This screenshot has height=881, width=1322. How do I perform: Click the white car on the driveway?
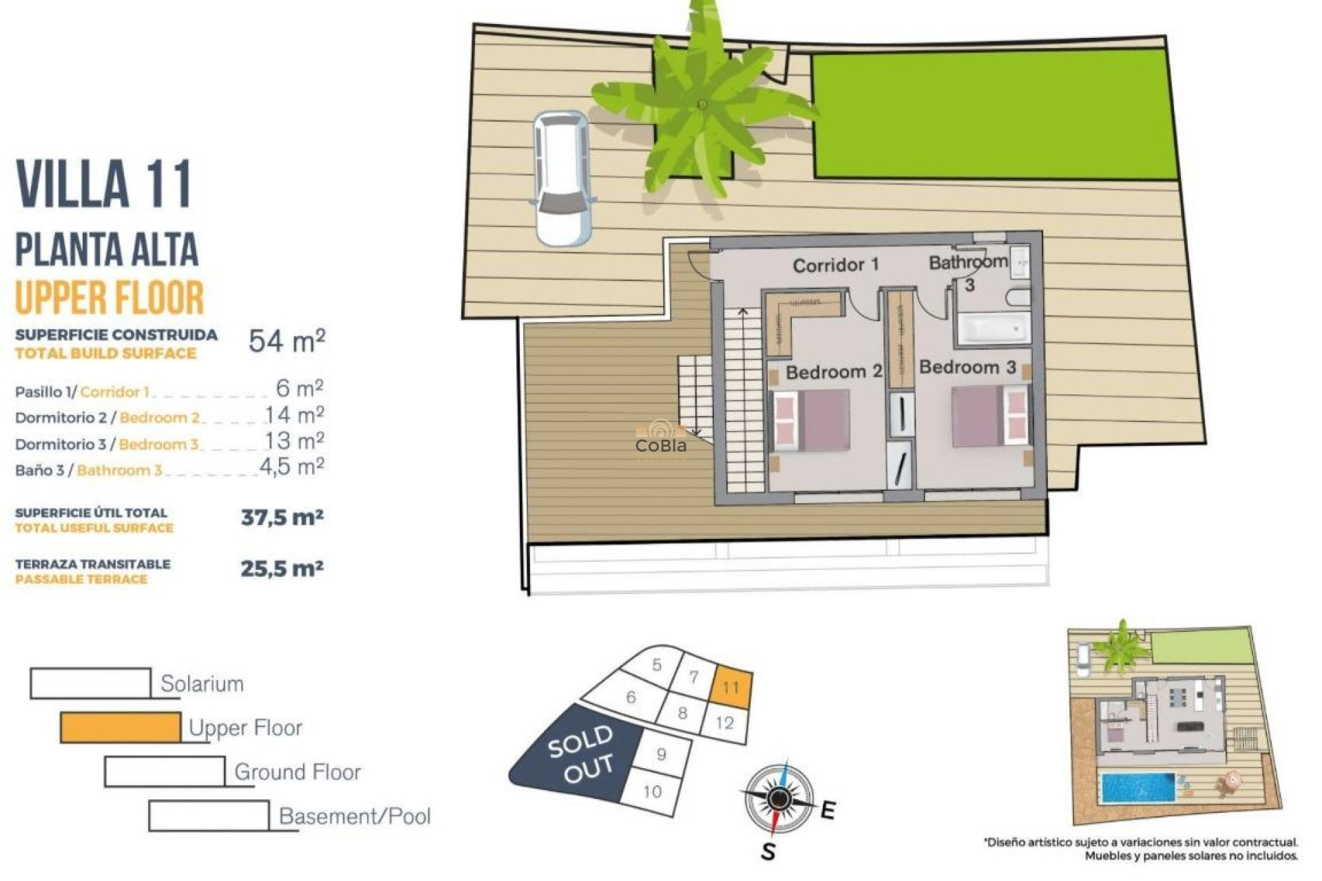coord(563,179)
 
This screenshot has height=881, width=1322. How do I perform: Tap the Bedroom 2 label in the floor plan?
coord(833,372)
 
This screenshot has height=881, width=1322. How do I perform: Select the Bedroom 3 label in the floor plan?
coord(967,368)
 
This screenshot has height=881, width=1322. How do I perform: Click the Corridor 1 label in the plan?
coord(835,265)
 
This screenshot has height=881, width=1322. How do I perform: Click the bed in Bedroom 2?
coord(810,420)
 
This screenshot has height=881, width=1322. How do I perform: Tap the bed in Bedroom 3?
coord(990,415)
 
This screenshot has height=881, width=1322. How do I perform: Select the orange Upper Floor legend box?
coord(120,728)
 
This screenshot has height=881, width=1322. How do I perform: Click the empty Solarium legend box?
coord(90,683)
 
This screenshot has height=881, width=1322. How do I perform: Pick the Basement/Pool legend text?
coord(355,816)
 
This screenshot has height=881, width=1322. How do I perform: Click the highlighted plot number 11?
coord(731,687)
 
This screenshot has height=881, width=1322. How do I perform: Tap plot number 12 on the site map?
coord(724,723)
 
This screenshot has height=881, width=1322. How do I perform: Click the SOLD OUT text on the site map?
coord(580,754)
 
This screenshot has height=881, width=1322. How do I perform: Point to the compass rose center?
coord(779,798)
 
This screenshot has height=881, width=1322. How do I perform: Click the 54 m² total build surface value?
coord(286,341)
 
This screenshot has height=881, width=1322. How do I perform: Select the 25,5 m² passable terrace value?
coord(282,569)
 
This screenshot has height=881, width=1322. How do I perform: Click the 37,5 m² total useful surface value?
coord(282,517)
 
